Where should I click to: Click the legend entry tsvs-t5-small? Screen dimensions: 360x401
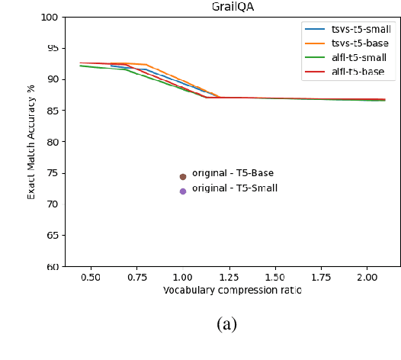[x=362, y=29]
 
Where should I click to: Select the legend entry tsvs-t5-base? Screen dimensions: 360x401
[x=362, y=43]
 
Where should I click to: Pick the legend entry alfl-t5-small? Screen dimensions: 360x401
[x=361, y=58]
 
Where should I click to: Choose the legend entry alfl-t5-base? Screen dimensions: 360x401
[x=361, y=72]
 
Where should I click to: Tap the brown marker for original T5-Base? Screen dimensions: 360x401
[x=183, y=176]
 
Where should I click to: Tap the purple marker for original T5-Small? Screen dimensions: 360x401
[x=183, y=191]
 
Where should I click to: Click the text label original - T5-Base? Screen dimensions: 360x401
[x=233, y=173]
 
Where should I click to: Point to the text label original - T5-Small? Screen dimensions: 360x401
[x=235, y=188]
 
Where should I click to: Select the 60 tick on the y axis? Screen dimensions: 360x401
[x=52, y=267]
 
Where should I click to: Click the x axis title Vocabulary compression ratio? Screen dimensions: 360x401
[x=233, y=291]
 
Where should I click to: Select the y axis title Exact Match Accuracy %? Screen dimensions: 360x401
[x=32, y=141]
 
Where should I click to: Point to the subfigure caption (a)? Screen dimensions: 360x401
[x=226, y=324]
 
